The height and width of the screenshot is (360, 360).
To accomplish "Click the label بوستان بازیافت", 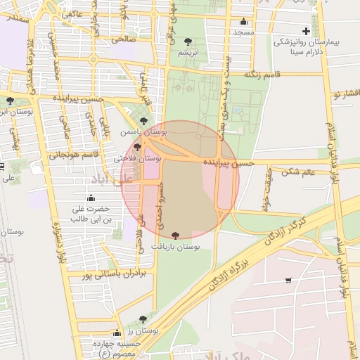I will pos(176,247).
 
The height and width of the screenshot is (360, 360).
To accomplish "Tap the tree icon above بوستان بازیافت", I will pos(175,237).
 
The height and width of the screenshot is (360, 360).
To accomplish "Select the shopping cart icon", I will pos(288,281).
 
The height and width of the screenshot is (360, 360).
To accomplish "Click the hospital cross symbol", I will pos(305,31).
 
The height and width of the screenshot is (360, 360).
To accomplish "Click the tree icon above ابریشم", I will pos(187,42).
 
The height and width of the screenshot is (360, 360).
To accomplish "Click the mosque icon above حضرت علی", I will pos(92,199).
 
